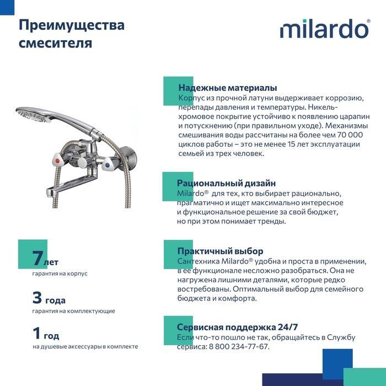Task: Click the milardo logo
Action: [325, 29]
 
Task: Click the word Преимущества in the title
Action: [72, 25]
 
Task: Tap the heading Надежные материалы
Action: [228, 88]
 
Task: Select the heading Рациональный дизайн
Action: [226, 183]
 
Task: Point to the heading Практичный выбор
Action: [221, 251]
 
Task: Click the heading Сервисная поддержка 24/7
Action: [237, 327]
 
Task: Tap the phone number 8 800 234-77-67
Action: [238, 346]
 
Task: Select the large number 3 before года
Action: [37, 297]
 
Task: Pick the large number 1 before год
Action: [36, 333]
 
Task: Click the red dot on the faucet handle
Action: [57, 161]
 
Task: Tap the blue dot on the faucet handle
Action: [107, 165]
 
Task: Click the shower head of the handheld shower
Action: [33, 115]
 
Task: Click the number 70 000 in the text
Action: [350, 135]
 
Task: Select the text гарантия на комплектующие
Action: [73, 311]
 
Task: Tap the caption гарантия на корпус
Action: [60, 274]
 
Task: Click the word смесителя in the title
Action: [55, 43]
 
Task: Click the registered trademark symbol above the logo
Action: [368, 21]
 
